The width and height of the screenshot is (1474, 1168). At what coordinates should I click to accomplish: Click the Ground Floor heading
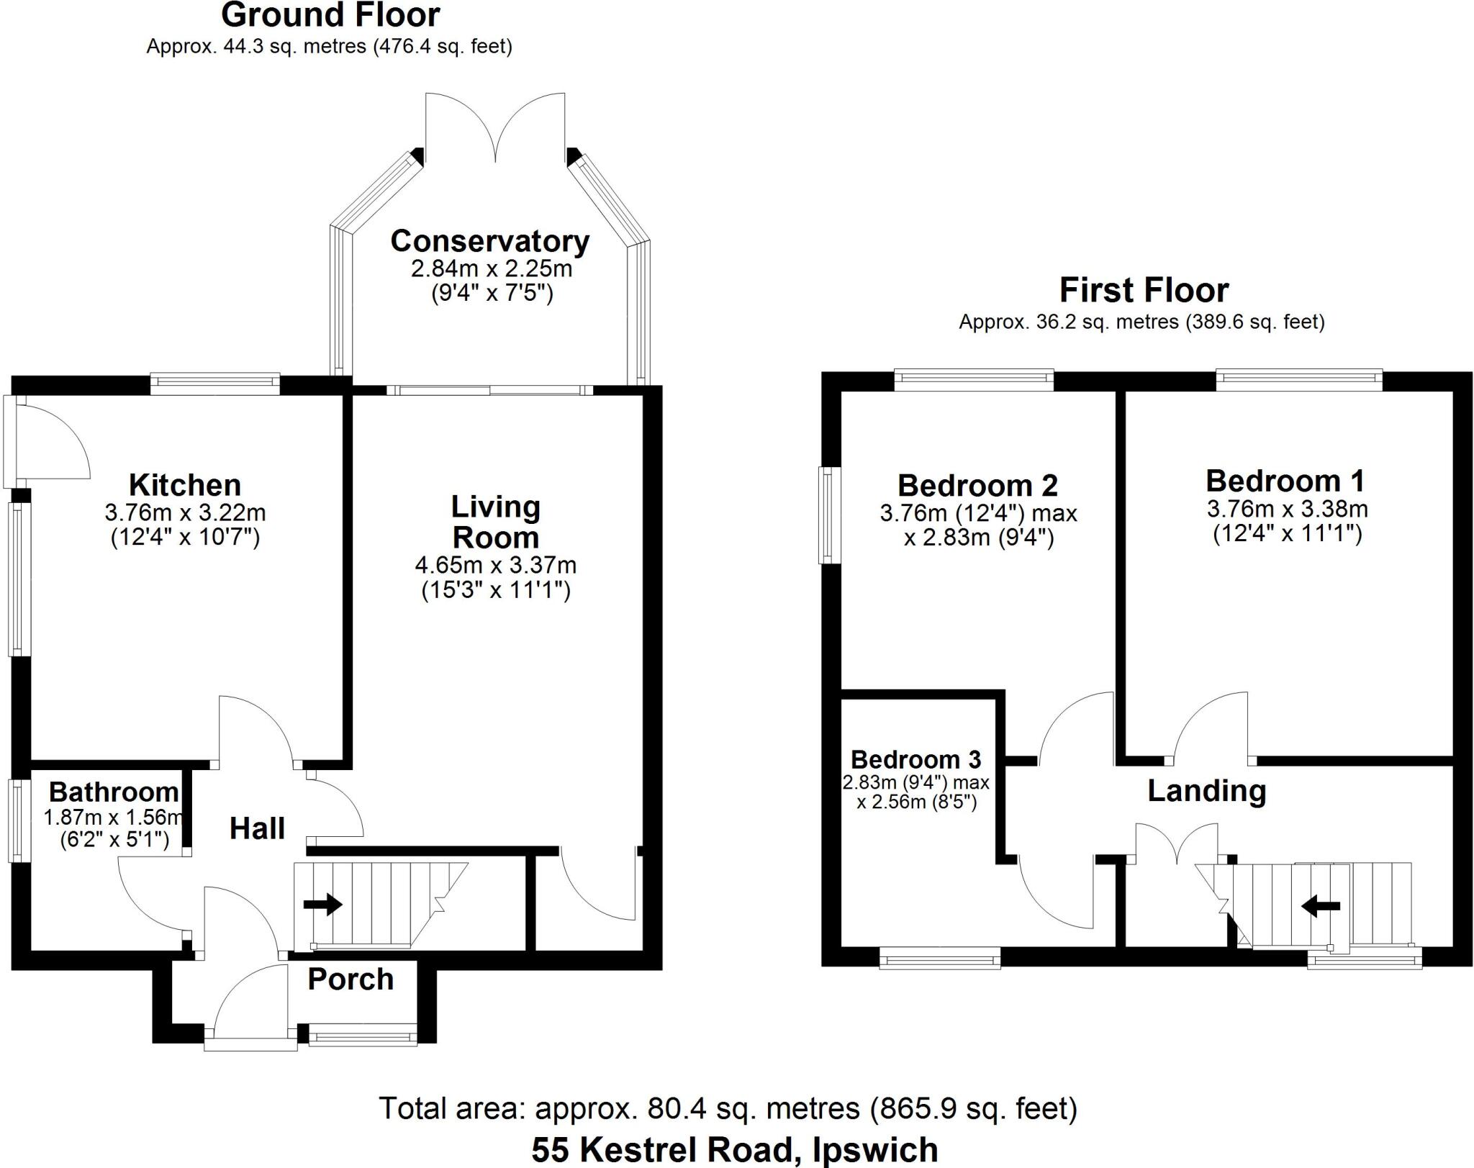coord(330,15)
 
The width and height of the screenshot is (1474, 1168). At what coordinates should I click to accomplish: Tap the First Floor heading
coord(1144,291)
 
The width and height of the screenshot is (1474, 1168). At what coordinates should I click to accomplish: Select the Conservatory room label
coord(490,241)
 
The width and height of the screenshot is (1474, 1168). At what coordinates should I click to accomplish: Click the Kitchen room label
coord(185,485)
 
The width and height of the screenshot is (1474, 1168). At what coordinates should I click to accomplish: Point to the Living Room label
coord(495,522)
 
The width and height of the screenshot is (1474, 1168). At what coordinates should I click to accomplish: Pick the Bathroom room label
coord(114,792)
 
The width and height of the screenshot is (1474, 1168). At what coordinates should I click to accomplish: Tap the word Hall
coord(257,828)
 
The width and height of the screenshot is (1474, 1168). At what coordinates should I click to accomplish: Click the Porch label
coord(351,979)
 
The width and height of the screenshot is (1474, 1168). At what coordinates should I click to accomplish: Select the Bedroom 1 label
coord(1285,481)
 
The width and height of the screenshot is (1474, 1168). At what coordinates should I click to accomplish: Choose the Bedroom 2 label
coord(977,486)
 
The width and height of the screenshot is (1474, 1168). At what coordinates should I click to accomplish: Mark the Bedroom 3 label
coord(915,759)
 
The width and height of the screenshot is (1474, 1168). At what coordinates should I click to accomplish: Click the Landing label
coord(1206,791)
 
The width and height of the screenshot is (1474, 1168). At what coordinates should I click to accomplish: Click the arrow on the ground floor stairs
coord(322,904)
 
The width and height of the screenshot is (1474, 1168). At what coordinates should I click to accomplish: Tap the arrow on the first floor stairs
coord(1321,906)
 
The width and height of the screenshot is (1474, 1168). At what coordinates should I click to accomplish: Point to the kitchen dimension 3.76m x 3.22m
coord(185,513)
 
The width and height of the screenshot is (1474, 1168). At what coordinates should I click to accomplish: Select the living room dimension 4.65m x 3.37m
coord(495,566)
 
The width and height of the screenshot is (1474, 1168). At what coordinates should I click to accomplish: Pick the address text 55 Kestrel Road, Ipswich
coord(735,1150)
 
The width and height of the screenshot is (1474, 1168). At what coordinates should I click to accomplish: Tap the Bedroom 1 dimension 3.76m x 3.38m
coord(1287,510)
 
